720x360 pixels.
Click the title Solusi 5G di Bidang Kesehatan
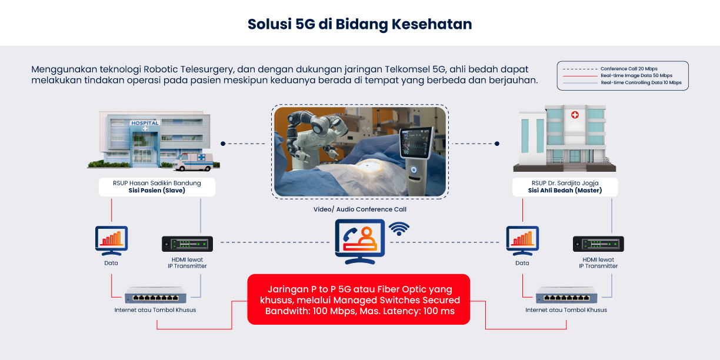point(359,24)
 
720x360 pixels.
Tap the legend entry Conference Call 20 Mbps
point(629,69)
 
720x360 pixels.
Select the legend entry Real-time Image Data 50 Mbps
point(636,75)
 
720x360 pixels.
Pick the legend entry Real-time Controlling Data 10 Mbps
point(641,82)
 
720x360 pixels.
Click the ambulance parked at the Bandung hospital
point(193,162)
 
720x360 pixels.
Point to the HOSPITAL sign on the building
point(145,123)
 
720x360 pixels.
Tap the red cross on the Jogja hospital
point(575,115)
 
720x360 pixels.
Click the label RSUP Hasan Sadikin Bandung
point(157,183)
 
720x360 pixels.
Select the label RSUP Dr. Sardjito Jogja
point(565,183)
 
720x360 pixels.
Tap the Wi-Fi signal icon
point(399,229)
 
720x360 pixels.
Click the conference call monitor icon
point(359,242)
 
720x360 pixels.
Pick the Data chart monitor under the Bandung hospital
point(111,241)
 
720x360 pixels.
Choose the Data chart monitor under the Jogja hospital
point(522,241)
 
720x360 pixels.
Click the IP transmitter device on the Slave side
point(187,244)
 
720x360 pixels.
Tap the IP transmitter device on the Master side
point(598,244)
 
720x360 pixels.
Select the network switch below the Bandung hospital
point(155,295)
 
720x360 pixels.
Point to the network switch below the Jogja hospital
point(566,295)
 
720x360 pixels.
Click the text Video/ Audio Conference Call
point(359,209)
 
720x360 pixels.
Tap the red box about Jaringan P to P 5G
point(358,299)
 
